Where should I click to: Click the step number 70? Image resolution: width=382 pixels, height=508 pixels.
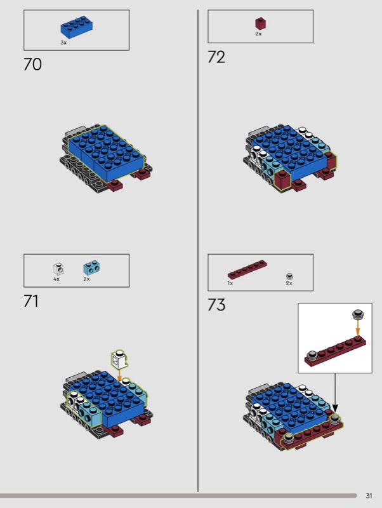click(33, 64)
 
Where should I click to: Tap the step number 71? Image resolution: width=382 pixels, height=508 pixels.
click(31, 301)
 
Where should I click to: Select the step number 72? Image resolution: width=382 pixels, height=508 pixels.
click(216, 57)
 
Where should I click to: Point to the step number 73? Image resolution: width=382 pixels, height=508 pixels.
click(216, 305)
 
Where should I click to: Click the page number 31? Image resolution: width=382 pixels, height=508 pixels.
click(369, 496)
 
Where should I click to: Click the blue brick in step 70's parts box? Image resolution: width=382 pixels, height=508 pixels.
click(77, 27)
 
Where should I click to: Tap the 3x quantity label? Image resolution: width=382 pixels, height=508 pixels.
click(63, 43)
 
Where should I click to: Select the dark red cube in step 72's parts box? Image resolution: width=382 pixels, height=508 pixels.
click(260, 23)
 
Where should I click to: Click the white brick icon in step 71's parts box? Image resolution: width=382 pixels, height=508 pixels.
click(58, 269)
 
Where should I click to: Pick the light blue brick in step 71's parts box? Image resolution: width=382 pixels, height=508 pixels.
click(91, 267)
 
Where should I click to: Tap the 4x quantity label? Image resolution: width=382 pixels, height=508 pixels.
click(56, 279)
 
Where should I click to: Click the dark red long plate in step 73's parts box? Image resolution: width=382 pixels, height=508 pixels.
click(247, 269)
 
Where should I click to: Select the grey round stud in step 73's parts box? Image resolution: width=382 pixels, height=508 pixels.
click(290, 276)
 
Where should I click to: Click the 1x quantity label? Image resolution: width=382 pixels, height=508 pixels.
click(230, 283)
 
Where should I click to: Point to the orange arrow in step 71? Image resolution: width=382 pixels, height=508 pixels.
click(119, 375)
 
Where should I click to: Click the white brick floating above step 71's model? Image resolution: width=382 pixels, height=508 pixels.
click(119, 359)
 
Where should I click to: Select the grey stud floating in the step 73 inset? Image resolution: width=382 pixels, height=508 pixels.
click(357, 314)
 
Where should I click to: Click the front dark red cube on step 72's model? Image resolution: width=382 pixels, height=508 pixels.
click(282, 180)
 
